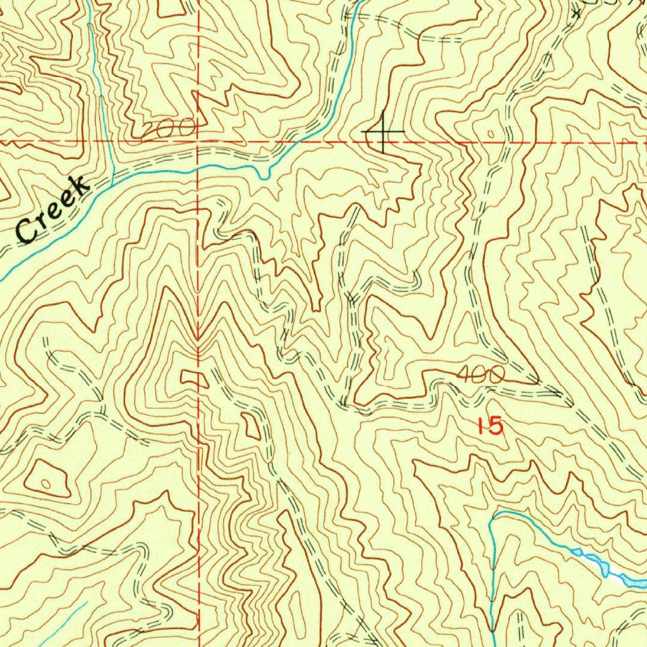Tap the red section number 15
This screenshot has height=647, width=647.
tap(490, 426)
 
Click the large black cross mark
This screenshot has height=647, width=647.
tap(383, 131)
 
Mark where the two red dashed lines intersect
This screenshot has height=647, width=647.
tap(198, 141)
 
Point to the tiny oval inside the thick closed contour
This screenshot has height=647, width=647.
tap(44, 484)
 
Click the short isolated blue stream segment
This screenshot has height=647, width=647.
tap(63, 626)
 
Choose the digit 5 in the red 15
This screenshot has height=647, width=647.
tap(496, 426)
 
